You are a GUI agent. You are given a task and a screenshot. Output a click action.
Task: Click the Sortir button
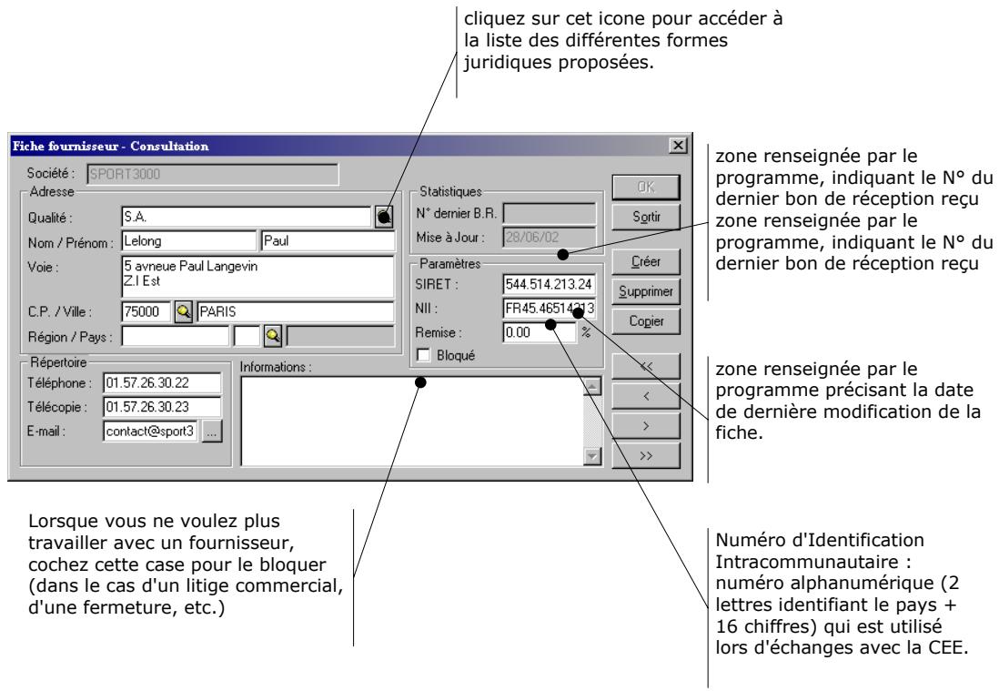click(646, 217)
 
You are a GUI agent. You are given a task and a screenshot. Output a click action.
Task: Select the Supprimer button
click(646, 291)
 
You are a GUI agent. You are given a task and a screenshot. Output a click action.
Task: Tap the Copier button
click(646, 321)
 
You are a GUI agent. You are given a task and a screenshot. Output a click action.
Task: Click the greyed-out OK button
click(646, 187)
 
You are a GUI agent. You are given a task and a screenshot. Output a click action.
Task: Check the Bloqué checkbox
click(423, 355)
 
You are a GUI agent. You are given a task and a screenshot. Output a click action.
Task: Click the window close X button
click(679, 146)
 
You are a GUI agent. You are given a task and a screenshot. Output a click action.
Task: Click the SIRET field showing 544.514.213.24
click(550, 284)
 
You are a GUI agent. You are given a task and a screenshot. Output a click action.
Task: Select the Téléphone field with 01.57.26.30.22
click(163, 383)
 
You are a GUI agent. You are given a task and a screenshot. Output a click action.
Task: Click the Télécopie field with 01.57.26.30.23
click(163, 407)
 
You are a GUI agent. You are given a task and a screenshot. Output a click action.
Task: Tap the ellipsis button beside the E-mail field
click(212, 432)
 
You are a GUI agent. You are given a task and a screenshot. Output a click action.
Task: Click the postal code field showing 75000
click(146, 311)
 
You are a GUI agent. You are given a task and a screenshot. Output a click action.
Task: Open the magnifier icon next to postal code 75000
click(184, 311)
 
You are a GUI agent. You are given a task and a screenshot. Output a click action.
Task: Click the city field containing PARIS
click(296, 311)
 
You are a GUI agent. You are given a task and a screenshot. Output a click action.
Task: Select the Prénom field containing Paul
click(328, 241)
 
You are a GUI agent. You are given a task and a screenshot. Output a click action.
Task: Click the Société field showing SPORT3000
click(213, 174)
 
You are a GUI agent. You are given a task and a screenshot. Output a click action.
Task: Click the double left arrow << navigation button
click(646, 366)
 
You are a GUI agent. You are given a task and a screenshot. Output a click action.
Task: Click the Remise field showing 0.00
click(540, 332)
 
